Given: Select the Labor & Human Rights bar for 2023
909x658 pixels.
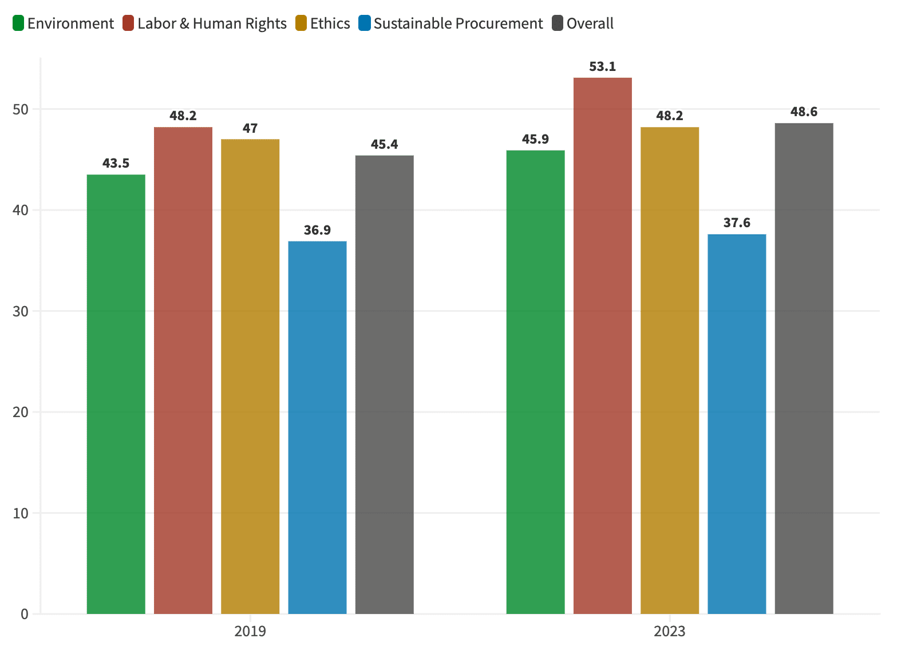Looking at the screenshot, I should point(602,346).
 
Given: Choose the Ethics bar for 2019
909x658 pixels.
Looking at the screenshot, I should point(250,376).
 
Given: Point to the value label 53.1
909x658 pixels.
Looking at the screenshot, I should point(602,67).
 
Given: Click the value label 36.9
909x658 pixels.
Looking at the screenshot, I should point(317,230).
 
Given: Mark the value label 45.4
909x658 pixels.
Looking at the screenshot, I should point(384,144).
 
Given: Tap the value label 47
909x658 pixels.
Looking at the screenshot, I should point(250,128).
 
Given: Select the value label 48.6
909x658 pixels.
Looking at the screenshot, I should point(804,112).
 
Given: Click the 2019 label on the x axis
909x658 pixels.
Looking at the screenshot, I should point(250,632).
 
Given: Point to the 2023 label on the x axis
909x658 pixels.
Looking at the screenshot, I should point(669,632).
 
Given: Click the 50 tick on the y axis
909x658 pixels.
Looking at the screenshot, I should point(21,109).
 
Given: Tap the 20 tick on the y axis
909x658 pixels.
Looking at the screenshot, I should point(21,412).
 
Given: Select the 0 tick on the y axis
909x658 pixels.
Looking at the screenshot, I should point(24,614).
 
